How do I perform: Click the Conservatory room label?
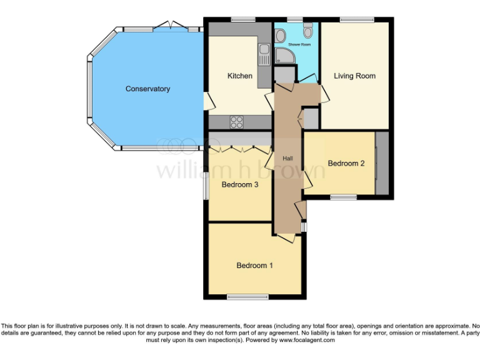click(x=147, y=89)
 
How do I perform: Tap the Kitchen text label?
click(x=239, y=76)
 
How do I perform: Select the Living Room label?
click(x=354, y=76)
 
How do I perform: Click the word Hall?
click(x=288, y=159)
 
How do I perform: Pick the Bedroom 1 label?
click(x=254, y=266)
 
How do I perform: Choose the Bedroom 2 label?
click(x=346, y=164)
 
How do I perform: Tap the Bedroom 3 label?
click(x=240, y=184)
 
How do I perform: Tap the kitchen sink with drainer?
click(x=264, y=54)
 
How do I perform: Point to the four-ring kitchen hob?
click(x=237, y=122)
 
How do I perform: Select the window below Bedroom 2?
click(x=343, y=197)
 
